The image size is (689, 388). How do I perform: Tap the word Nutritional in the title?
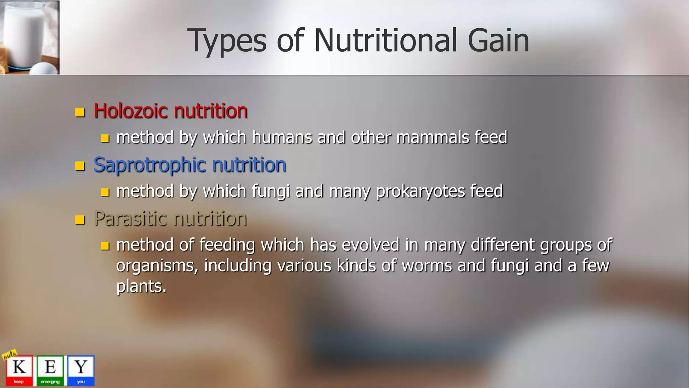[x=386, y=40]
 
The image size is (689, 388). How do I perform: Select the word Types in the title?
[x=227, y=41]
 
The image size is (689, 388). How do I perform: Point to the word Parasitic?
[x=131, y=219]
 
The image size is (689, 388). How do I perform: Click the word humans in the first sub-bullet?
[x=282, y=137]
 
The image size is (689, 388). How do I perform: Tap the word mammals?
[x=433, y=137]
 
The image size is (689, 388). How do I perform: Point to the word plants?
[x=141, y=286]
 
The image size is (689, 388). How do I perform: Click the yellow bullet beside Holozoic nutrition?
[x=80, y=112]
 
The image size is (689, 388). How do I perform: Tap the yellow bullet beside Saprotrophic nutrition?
[x=80, y=166]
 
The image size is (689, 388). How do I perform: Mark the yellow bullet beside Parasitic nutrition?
[x=80, y=220]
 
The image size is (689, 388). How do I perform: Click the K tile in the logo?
[x=19, y=370]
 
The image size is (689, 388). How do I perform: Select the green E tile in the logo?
[x=50, y=370]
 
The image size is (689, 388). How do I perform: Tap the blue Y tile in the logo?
[x=81, y=370]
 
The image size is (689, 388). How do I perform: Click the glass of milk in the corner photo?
[x=25, y=34]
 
